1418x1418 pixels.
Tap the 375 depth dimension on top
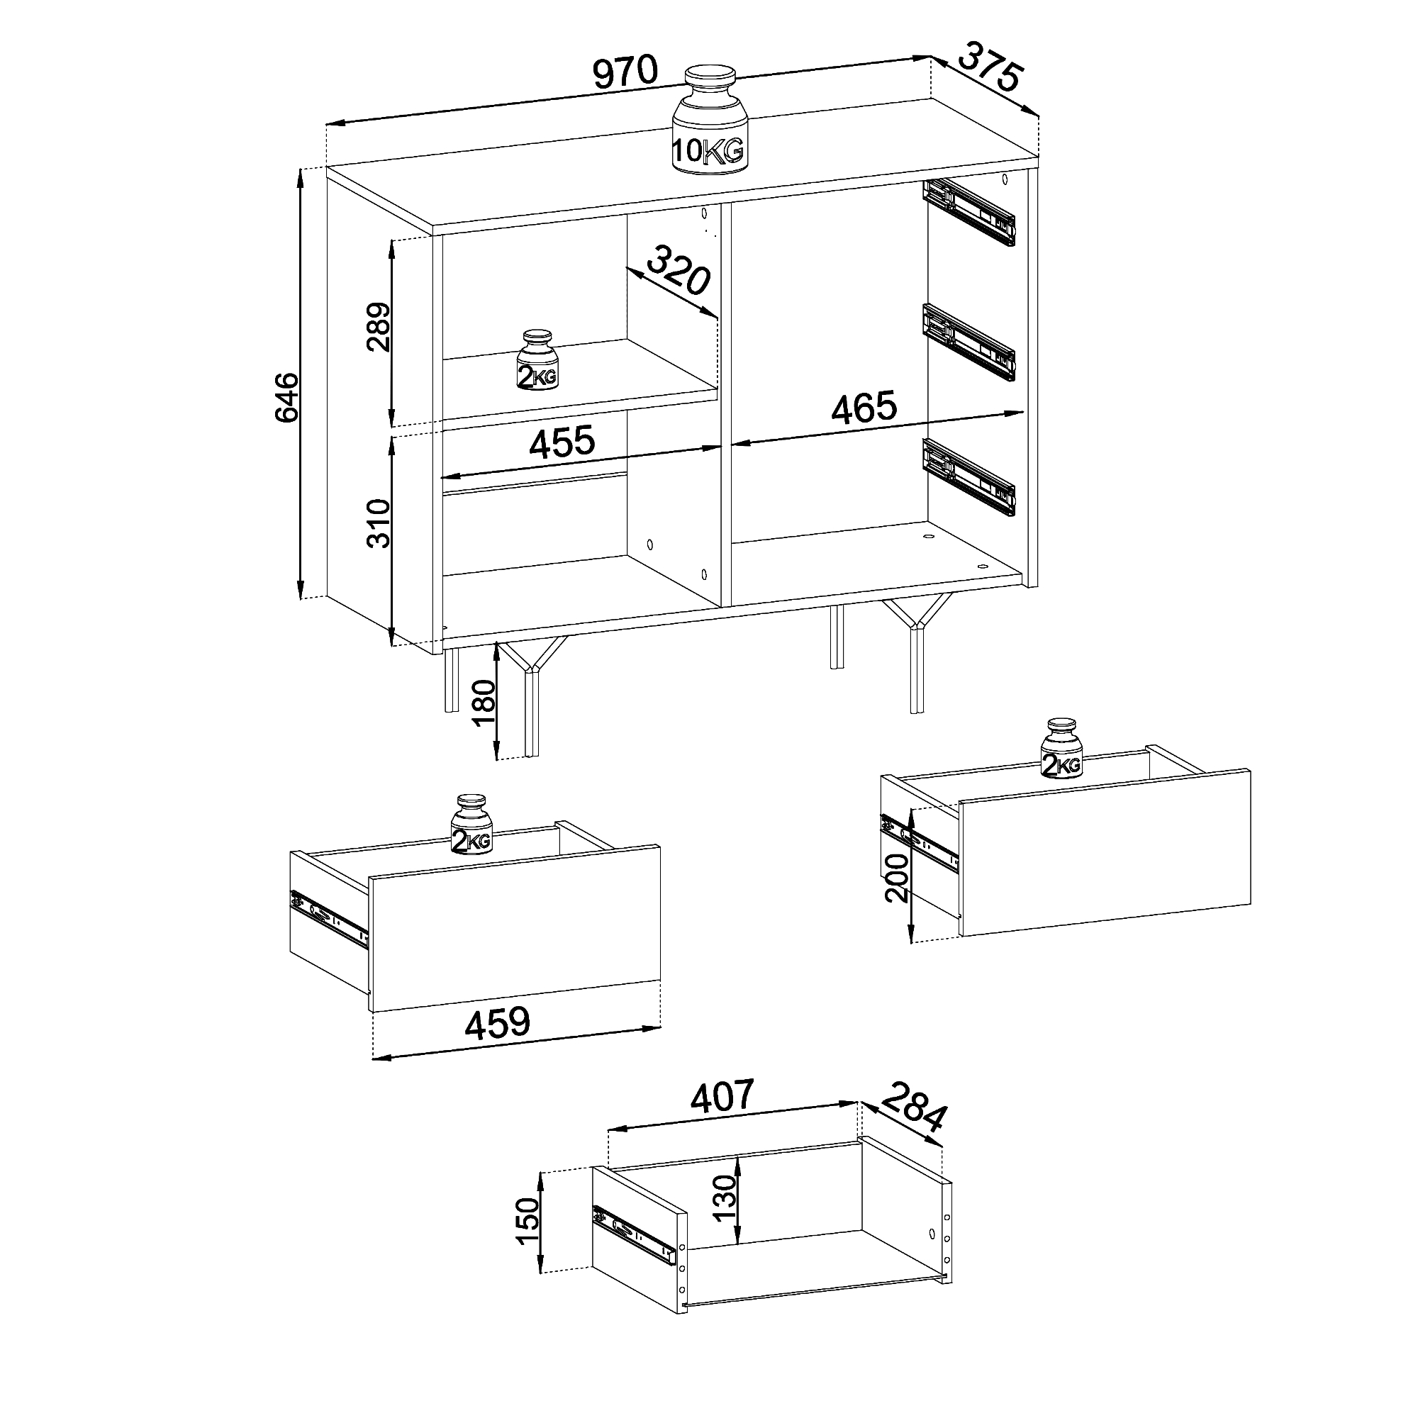[x=989, y=67]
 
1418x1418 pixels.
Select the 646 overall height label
[x=287, y=397]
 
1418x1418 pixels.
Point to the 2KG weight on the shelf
[x=537, y=359]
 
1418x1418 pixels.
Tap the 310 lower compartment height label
[x=379, y=523]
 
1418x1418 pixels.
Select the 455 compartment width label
[x=562, y=442]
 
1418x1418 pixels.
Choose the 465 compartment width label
[x=864, y=406]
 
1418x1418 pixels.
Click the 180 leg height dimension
[x=484, y=703]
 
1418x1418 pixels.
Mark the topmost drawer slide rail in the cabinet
[x=968, y=212]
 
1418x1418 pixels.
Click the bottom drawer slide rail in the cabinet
[x=968, y=477]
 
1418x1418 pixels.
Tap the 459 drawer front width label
[x=497, y=1022]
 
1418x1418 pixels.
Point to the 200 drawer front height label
[x=897, y=878]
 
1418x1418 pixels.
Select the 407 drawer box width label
[x=722, y=1096]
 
